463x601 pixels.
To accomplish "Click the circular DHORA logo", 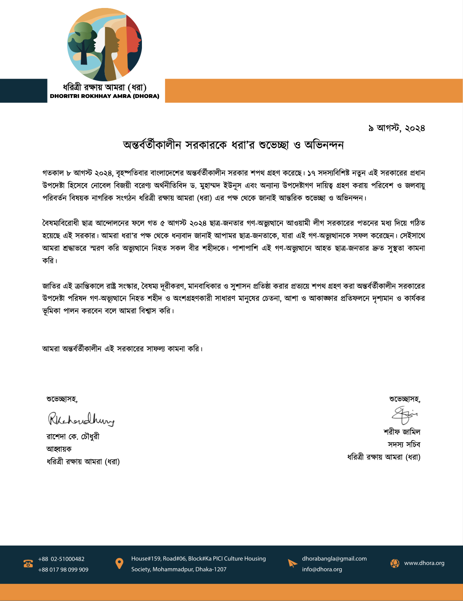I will coord(104,44).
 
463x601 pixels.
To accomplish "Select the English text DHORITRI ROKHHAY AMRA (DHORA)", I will coord(104,96).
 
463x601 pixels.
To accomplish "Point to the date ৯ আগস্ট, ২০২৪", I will coord(396,128).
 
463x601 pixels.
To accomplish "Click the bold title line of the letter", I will coord(233,145).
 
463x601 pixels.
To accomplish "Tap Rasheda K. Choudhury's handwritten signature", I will coord(80,419).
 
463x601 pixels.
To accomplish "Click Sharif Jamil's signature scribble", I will coord(405,414).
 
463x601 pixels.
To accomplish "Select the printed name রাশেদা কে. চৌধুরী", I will coord(73,437).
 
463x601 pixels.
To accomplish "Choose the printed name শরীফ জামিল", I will coord(402,432).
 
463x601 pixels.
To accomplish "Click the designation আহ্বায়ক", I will coord(59,449).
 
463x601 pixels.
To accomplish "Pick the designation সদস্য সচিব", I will coord(404,444).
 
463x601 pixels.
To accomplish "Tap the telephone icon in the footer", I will coord(28,564).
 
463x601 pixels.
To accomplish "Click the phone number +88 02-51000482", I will coord(61,559).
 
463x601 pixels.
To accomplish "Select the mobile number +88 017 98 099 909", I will coord(63,569).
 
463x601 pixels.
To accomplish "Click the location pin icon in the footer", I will coord(119,563).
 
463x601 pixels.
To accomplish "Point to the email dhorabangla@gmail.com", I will coord(334,558).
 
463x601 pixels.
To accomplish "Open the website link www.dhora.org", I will coord(424,563).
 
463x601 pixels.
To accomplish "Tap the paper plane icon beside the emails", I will coord(292,563).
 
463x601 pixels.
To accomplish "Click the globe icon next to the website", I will coord(395,563).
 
